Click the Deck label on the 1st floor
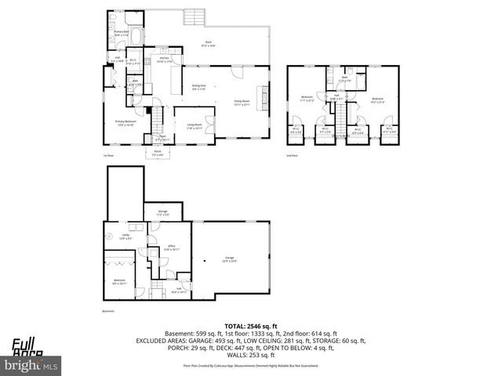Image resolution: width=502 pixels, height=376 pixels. pyautogui.click(x=208, y=43)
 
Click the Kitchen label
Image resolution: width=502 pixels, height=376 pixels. pyautogui.click(x=165, y=60)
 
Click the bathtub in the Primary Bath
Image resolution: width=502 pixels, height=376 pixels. pyautogui.click(x=134, y=35)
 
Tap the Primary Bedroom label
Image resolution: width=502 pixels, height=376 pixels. pyautogui.click(x=125, y=123)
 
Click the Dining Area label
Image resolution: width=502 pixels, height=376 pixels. pyautogui.click(x=198, y=88)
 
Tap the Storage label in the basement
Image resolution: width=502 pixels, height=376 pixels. pyautogui.click(x=162, y=212)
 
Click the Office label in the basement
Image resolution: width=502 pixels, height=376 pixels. pyautogui.click(x=170, y=248)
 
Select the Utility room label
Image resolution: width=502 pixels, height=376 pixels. pyautogui.click(x=125, y=235)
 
